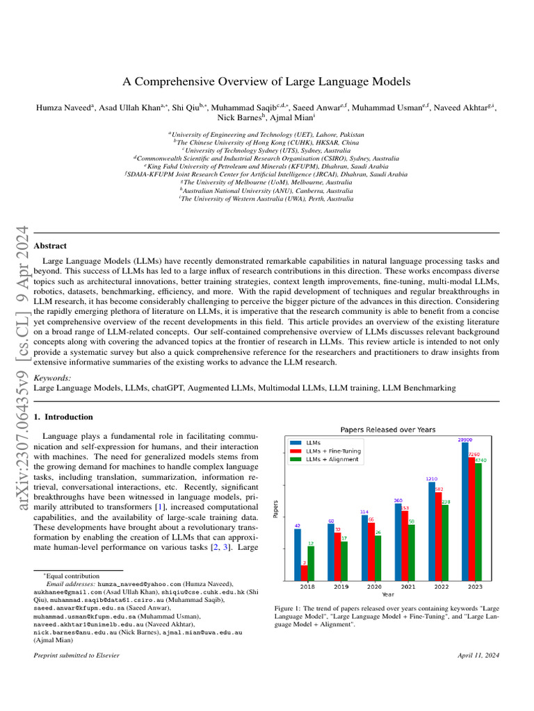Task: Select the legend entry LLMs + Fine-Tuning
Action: [x=334, y=451]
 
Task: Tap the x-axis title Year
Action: [x=387, y=594]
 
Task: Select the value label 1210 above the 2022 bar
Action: [x=431, y=479]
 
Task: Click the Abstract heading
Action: [x=50, y=246]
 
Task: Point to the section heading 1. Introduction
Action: [x=63, y=417]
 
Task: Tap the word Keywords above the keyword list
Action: [x=52, y=378]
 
